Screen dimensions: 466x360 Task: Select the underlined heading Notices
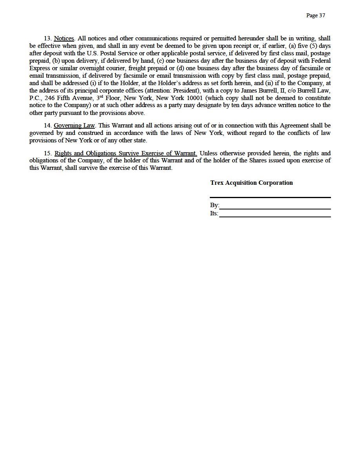tap(64, 38)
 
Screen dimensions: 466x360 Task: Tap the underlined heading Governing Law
tap(74, 126)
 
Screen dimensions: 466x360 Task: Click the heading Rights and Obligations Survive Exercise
tap(125, 153)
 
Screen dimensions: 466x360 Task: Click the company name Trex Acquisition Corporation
tap(251, 183)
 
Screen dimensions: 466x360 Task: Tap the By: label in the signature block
tap(215, 206)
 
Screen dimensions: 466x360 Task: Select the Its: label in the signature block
tap(214, 213)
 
